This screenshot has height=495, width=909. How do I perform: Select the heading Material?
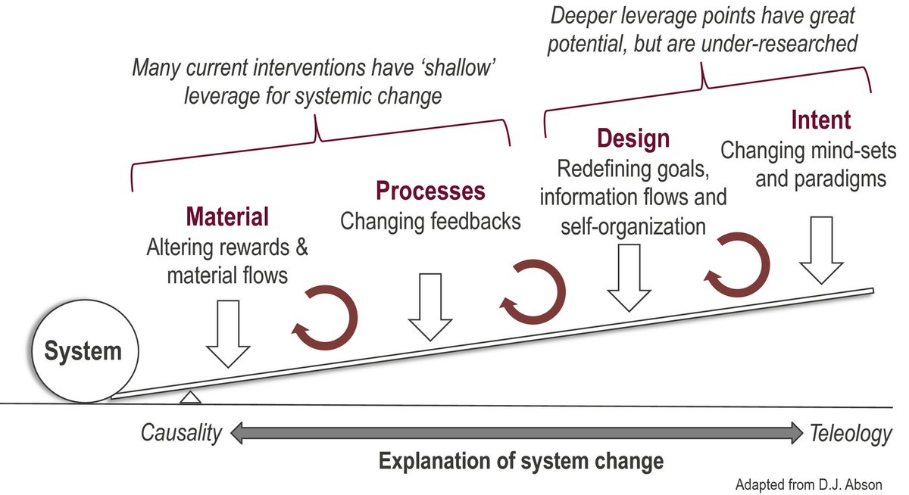[x=227, y=218]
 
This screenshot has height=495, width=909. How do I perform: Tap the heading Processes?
[x=430, y=191]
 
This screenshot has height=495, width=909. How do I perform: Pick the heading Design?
[x=633, y=139]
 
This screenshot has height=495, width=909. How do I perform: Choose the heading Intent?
[x=820, y=120]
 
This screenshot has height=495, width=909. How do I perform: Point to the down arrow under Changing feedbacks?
[x=430, y=307]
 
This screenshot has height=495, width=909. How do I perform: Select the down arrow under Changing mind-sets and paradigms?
[x=822, y=250]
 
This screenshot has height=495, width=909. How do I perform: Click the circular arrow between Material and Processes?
[x=325, y=319]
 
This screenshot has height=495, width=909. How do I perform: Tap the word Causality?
[x=182, y=434]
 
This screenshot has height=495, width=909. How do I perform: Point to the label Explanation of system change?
[x=521, y=461]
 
